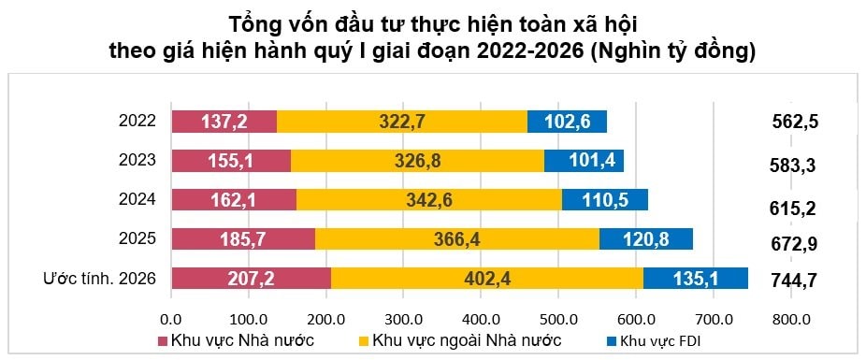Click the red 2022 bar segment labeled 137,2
tap(224, 122)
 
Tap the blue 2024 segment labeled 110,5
tap(605, 199)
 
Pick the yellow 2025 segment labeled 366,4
tap(457, 239)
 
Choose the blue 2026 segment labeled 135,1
tap(696, 279)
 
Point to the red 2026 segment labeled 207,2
tap(251, 279)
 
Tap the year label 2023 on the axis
tap(137, 160)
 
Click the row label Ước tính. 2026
tap(100, 278)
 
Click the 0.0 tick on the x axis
tap(171, 319)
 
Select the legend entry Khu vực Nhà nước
tap(241, 340)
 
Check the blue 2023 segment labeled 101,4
tap(584, 161)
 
